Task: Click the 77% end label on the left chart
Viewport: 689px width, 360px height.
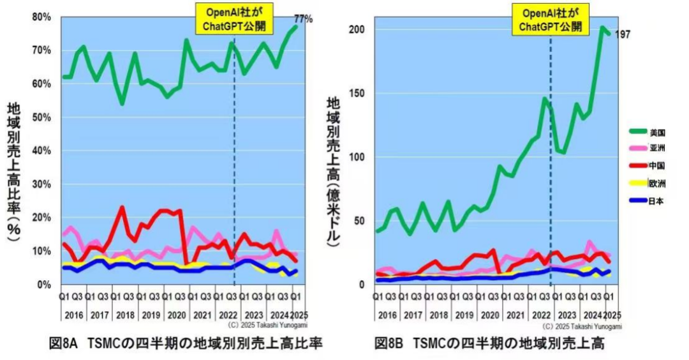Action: (303, 19)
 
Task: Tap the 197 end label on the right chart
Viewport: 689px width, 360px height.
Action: (622, 34)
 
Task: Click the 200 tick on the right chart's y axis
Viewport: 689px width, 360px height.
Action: (356, 29)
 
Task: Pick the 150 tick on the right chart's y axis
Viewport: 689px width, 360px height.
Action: (356, 93)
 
